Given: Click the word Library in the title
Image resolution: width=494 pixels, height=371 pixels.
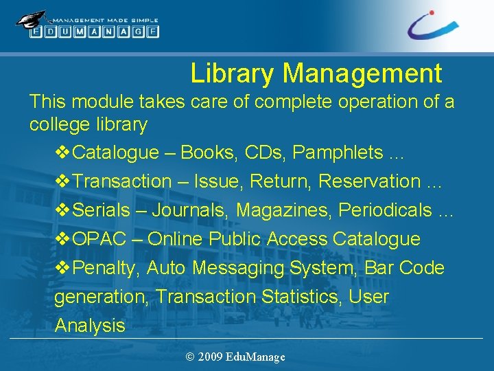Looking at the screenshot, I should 233,73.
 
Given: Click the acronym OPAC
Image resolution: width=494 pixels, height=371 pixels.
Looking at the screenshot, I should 99,239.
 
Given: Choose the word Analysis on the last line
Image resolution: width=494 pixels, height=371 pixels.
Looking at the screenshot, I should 90,326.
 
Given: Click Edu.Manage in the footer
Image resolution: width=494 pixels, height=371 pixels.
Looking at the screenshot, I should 255,357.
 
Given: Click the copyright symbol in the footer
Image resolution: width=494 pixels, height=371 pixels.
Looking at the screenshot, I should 189,357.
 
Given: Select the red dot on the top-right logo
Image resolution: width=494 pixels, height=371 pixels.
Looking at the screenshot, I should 431,12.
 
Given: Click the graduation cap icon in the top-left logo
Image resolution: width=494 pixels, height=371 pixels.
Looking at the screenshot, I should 32,19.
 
